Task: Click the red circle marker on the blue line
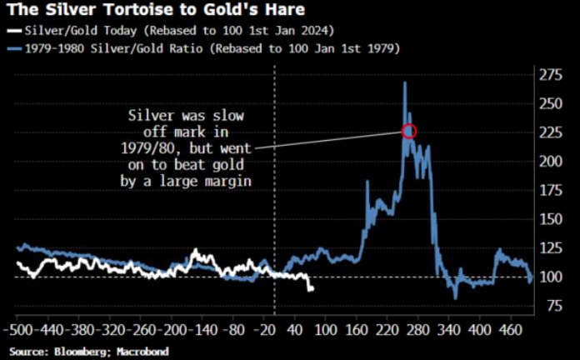click(x=408, y=131)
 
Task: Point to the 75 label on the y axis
click(x=547, y=306)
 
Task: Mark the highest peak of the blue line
click(x=404, y=82)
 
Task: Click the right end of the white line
click(x=312, y=289)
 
